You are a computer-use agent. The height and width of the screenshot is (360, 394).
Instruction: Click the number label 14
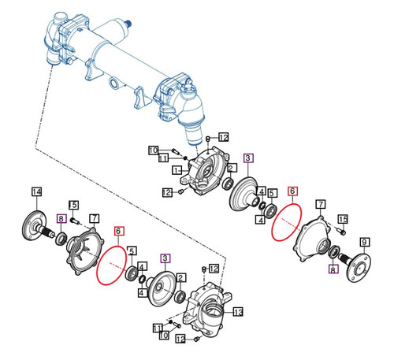coord(35,192)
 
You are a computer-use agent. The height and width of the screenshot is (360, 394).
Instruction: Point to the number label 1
coord(178,169)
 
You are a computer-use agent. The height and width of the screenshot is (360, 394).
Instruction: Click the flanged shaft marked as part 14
coord(38,229)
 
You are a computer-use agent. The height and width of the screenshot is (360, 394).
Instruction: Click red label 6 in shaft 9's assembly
coord(292,191)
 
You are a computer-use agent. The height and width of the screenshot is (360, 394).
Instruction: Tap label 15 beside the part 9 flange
coord(343,219)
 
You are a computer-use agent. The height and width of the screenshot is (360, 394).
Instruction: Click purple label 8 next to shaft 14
coord(61,218)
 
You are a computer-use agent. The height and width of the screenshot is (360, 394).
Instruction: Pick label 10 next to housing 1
coord(154,150)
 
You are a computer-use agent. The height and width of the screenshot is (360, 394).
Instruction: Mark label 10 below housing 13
coord(165,336)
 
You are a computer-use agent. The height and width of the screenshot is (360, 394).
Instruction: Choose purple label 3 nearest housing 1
coord(248,158)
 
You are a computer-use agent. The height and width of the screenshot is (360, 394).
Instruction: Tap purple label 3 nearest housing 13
coord(165,257)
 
